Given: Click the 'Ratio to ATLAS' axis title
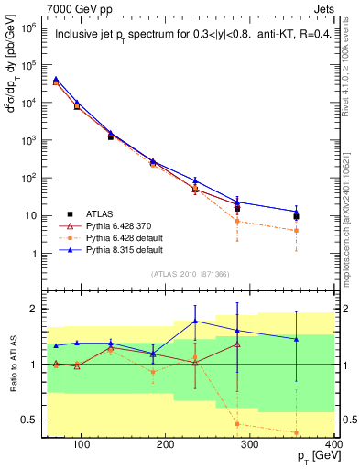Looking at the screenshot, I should pos(15,364).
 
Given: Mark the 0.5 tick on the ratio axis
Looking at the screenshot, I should pos(41,420).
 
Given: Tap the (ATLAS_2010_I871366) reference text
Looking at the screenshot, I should pos(189,274).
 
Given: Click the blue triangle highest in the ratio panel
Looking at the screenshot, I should pos(221,321).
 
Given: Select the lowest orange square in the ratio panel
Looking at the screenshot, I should pos(322,432).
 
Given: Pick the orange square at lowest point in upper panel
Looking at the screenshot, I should pos(322,231).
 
